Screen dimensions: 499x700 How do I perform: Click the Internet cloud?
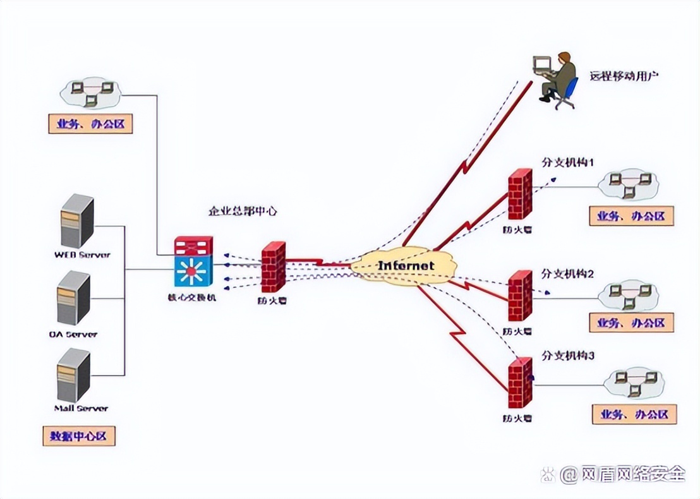click(x=405, y=265)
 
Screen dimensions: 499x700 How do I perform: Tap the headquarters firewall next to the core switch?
click(x=273, y=267)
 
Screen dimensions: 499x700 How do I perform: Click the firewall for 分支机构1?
click(x=520, y=194)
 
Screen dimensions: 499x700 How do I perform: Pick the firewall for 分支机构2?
click(x=520, y=296)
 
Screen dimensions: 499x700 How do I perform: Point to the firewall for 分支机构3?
click(x=520, y=382)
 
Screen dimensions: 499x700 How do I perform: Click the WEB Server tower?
click(x=77, y=220)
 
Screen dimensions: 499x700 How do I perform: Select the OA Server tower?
click(x=74, y=298)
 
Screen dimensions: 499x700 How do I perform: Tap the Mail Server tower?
click(x=74, y=375)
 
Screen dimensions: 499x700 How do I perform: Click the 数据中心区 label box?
click(x=79, y=436)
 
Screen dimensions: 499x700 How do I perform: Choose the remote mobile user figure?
click(x=556, y=80)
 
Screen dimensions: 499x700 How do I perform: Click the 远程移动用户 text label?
click(x=624, y=76)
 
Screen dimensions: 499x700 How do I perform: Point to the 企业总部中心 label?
click(x=243, y=211)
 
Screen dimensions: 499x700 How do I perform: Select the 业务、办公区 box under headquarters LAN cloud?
click(x=90, y=124)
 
